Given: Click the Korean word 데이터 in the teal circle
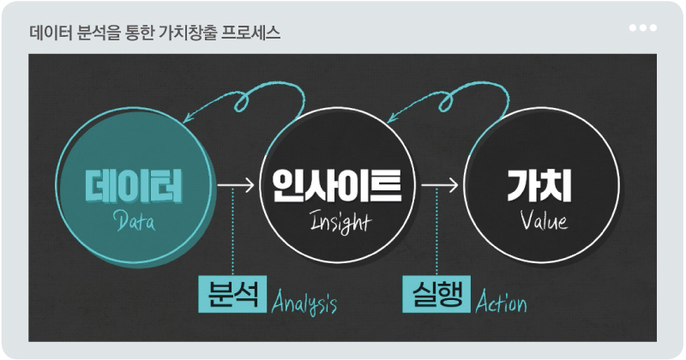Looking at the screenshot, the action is click(134, 187).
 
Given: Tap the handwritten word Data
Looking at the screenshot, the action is click(135, 221).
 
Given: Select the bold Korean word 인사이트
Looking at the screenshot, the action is click(337, 185).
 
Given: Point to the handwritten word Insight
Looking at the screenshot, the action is click(340, 222).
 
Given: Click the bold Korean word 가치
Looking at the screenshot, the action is click(539, 185).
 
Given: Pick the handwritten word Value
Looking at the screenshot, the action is click(544, 220).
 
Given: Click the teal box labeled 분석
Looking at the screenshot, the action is click(232, 294).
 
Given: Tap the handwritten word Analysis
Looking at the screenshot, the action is click(304, 303).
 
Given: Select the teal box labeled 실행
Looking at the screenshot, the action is click(436, 294).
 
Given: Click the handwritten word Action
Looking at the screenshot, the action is click(502, 302).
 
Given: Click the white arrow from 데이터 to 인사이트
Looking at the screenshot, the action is click(236, 185).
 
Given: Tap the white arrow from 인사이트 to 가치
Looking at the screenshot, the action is click(440, 185).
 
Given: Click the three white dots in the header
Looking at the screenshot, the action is click(642, 28).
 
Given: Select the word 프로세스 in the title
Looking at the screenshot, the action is click(250, 33).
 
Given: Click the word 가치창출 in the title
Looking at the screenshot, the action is click(188, 33).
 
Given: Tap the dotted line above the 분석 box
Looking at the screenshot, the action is click(232, 231).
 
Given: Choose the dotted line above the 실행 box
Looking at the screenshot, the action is click(436, 231).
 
